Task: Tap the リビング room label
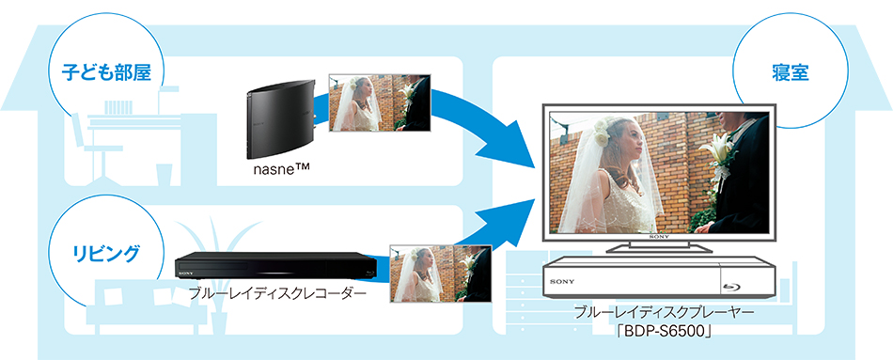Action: click(105, 252)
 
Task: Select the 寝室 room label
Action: click(789, 70)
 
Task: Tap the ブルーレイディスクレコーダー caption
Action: click(274, 293)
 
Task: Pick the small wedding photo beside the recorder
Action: click(441, 274)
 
